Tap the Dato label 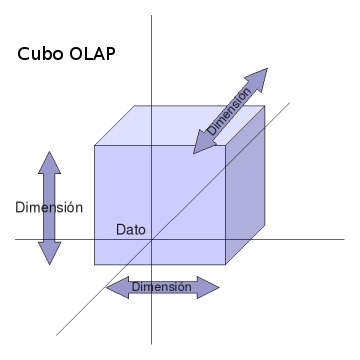[x=130, y=229]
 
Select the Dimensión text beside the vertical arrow [x=49, y=207]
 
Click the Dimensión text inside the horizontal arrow [x=162, y=287]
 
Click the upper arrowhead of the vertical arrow [x=49, y=160]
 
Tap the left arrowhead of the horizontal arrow [x=115, y=288]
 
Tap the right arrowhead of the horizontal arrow [x=209, y=288]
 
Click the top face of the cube [x=180, y=125]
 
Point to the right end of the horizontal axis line [x=343, y=239]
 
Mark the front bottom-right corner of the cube [x=225, y=264]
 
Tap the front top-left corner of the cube [x=95, y=146]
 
